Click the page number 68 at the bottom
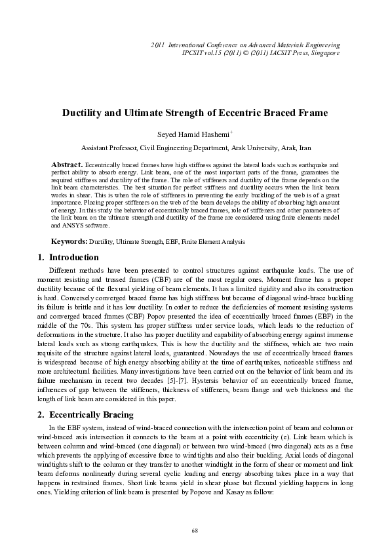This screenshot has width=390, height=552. pos(195,530)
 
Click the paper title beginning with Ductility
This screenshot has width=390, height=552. pos(195,112)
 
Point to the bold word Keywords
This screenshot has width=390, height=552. pos(69,242)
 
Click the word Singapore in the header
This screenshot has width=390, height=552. pos(325,52)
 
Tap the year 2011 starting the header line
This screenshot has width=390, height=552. pos(157,44)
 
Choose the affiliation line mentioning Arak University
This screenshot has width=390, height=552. pos(194,148)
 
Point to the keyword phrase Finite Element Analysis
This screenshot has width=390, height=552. pos(219,242)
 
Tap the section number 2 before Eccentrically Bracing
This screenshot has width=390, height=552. pos(37,415)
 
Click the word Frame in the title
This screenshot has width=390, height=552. pos(309,112)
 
